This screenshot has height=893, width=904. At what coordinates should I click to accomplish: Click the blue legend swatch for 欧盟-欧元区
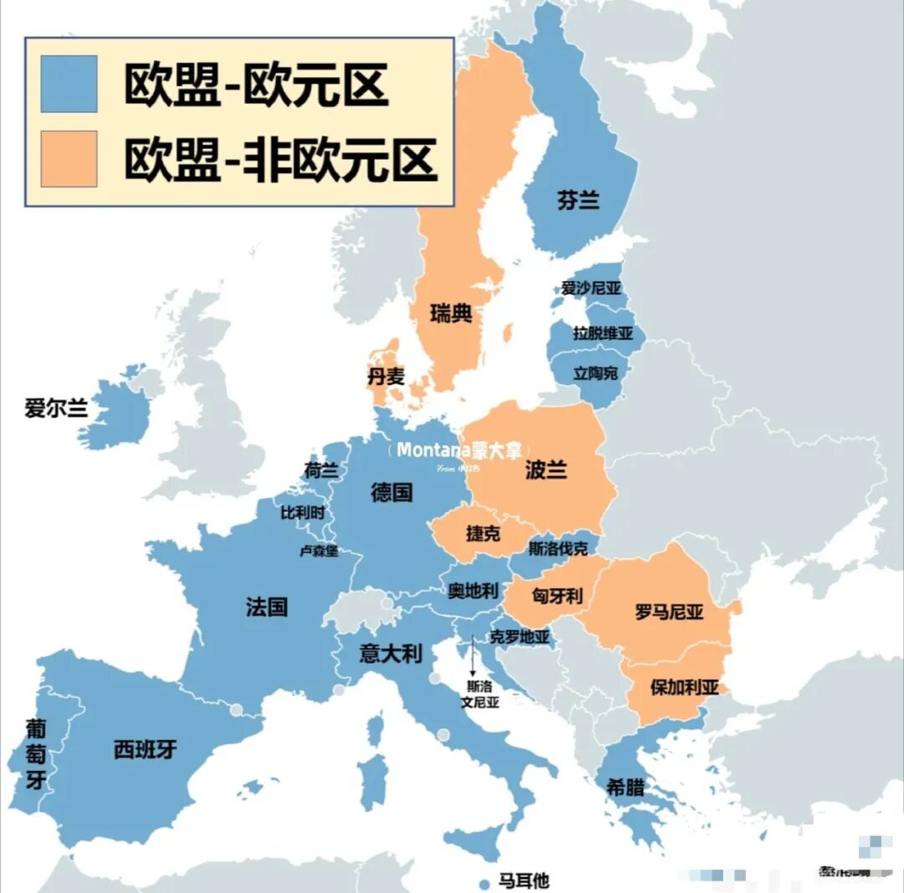coord(69,84)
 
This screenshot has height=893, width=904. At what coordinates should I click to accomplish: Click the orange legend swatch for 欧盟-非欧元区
coord(69,159)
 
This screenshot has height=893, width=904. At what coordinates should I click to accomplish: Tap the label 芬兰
coord(578,200)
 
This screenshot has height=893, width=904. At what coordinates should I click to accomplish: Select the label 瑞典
coord(451,314)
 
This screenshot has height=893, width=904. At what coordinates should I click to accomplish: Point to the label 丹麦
coord(386,376)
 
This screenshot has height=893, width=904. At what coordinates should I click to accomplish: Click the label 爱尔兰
coord(56,408)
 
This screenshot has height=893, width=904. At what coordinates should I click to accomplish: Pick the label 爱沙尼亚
coord(591,289)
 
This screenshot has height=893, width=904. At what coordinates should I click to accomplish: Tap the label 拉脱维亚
coord(603,333)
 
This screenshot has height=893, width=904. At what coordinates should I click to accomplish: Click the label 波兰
coord(546,470)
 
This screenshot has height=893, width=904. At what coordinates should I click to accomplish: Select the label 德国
coord(392,492)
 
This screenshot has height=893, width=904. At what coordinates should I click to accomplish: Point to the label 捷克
coord(483,534)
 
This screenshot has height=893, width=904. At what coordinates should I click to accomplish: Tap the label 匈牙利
coord(557,595)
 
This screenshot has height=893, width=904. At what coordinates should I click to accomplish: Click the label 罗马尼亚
coord(670,612)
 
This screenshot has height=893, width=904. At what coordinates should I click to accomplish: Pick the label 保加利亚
coord(685,688)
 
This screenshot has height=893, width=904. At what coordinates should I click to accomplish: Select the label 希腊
coord(625,787)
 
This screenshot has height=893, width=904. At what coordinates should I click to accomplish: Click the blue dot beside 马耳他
coord(483,884)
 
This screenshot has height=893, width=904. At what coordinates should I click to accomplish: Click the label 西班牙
coord(146,749)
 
